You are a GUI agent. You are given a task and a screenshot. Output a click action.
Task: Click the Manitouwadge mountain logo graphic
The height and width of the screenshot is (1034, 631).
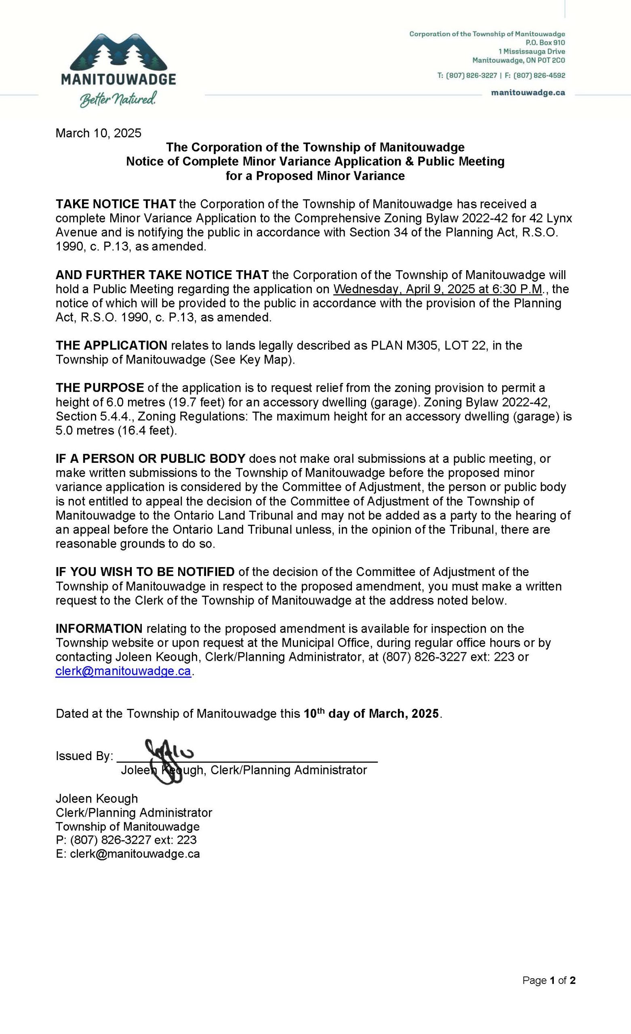118,52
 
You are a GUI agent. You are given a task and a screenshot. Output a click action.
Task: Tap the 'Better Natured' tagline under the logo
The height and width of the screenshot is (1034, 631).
118,99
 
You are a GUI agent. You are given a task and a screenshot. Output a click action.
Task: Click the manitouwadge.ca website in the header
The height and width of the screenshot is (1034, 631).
528,93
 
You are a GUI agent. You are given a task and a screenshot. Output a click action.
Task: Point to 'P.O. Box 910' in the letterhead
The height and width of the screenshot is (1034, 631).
545,43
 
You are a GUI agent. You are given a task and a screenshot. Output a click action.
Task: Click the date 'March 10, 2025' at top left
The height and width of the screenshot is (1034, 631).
99,133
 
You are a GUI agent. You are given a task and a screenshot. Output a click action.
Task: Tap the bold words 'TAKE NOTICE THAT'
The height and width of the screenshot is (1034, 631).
116,204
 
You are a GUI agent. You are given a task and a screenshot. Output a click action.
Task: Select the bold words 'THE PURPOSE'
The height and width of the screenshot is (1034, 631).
99,388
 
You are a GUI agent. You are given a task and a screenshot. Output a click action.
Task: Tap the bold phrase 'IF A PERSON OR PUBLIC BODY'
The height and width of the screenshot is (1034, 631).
150,459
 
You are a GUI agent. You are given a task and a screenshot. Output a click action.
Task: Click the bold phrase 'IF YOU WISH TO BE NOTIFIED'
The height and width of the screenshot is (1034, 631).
145,572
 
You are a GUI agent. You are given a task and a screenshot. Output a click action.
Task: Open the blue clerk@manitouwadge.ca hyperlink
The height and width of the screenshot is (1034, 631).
124,671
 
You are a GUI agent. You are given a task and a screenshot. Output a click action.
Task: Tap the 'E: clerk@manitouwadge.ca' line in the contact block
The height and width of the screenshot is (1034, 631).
128,853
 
